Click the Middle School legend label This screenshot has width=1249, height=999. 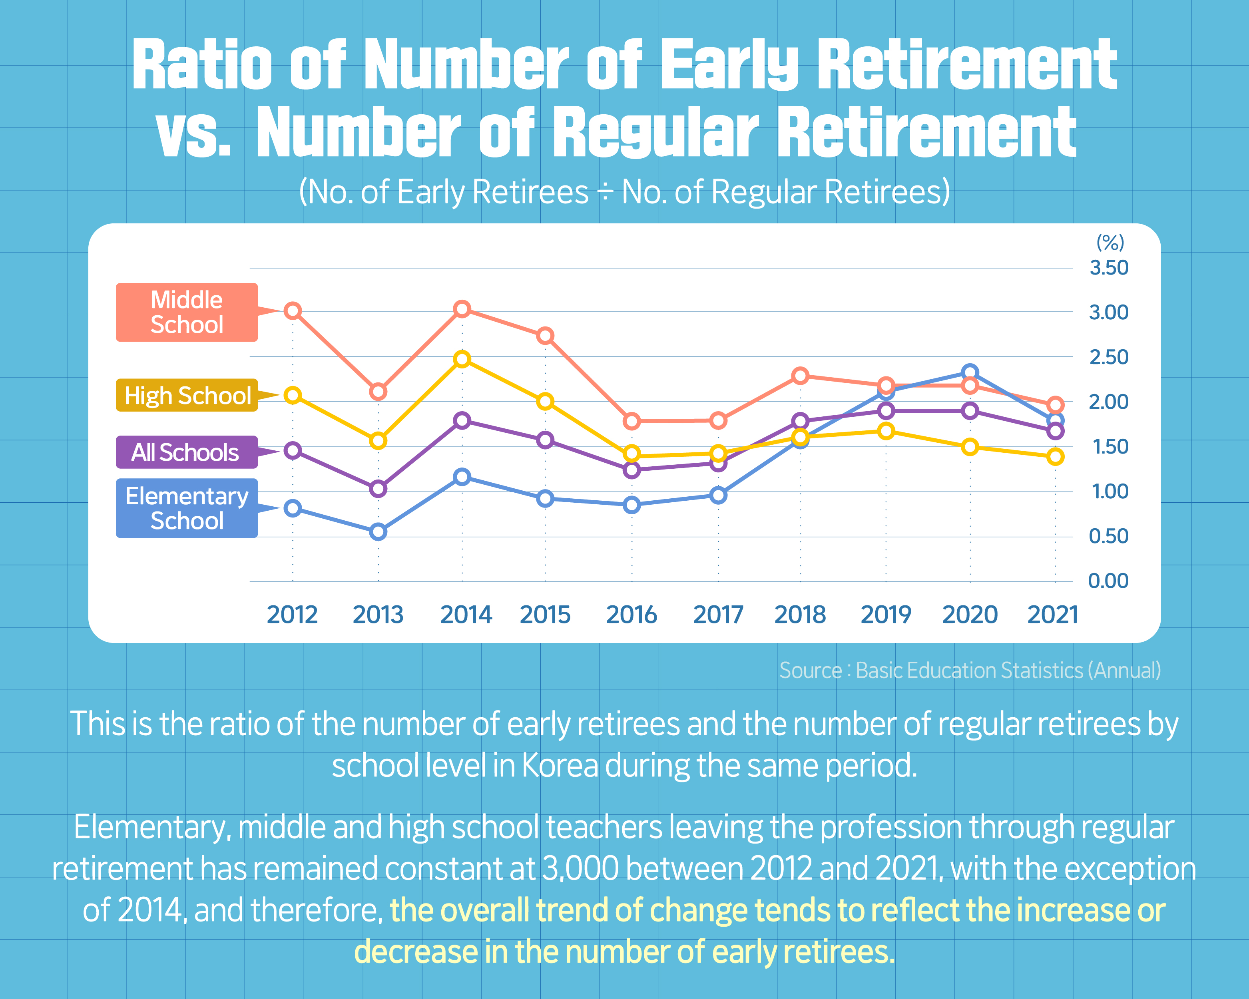point(187,312)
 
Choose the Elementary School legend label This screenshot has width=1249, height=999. point(187,508)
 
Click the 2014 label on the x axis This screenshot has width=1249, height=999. point(466,615)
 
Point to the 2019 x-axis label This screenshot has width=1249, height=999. point(886,615)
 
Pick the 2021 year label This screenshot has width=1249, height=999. point(1053,615)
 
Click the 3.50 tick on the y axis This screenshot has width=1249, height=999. point(1109,268)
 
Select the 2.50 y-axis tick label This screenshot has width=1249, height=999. point(1109,357)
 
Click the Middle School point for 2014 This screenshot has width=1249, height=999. point(462,308)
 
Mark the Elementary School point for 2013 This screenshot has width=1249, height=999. point(378,531)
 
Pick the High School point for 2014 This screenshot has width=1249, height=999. point(462,359)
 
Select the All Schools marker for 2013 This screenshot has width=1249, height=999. point(378,489)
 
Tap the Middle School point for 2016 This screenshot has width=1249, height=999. point(631,421)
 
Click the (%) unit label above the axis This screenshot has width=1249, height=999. point(1110,242)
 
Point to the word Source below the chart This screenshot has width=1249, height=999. point(810,671)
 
